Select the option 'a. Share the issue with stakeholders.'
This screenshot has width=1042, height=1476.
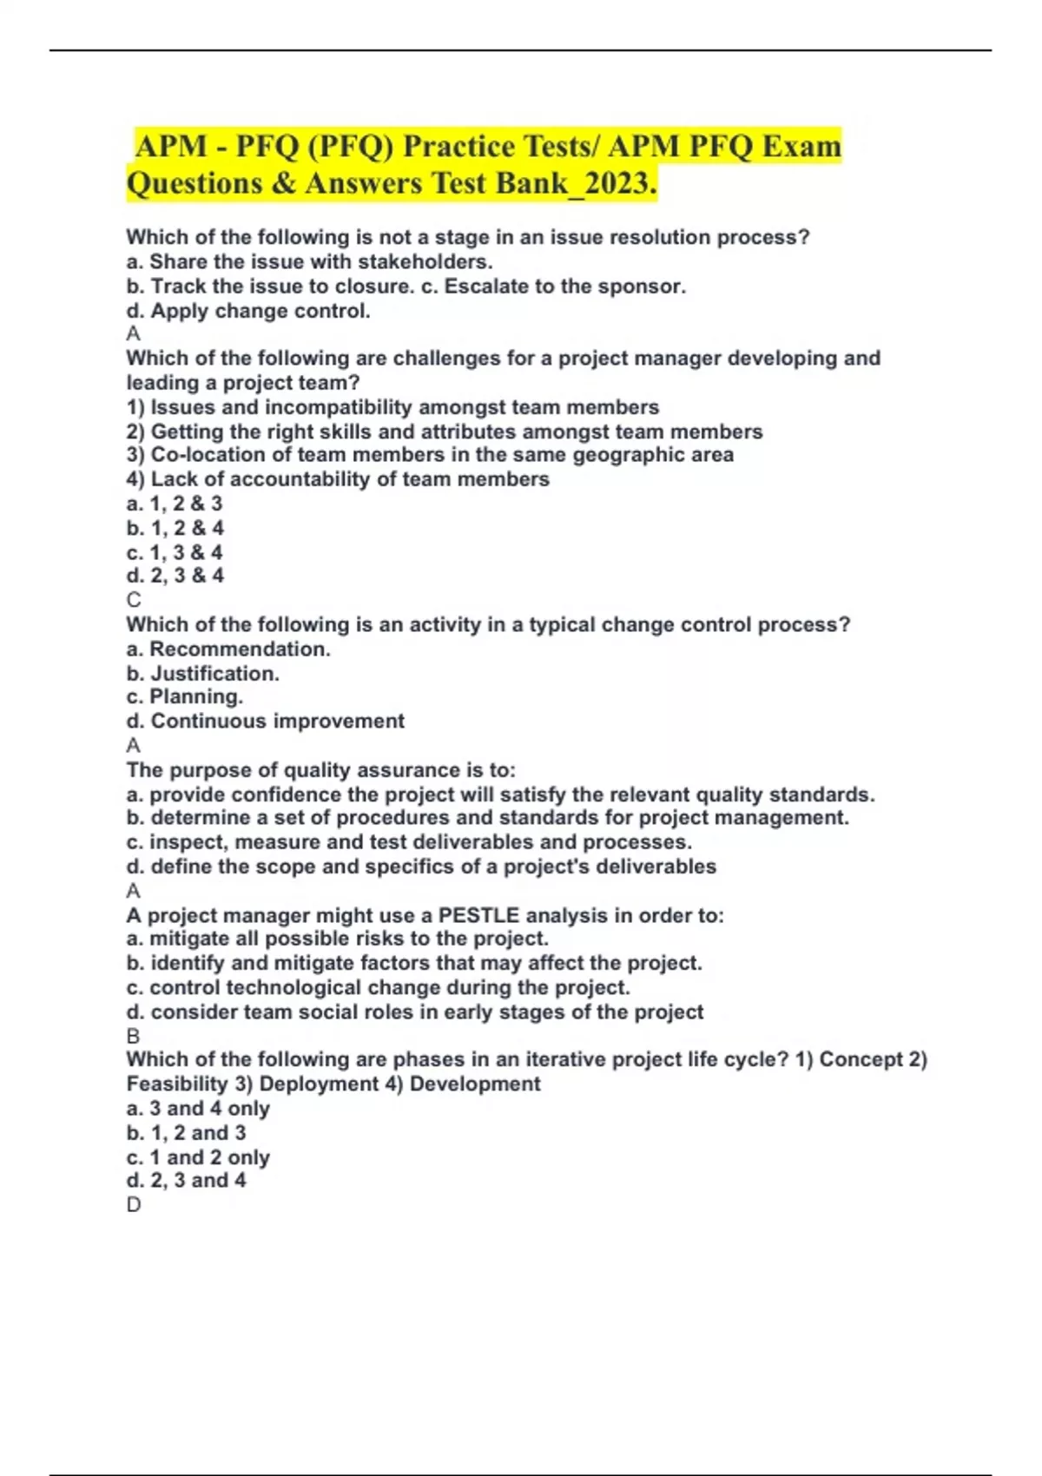point(309,261)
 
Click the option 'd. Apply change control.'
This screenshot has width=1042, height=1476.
point(248,311)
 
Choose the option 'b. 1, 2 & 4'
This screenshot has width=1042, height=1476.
point(175,528)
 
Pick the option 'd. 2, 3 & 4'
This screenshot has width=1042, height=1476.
point(175,575)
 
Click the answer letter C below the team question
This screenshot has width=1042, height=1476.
point(134,600)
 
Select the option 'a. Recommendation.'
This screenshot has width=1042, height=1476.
point(228,649)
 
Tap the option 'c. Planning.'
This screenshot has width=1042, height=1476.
point(184,696)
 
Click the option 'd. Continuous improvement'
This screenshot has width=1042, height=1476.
point(265,721)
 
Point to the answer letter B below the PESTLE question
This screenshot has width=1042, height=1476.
point(133,1036)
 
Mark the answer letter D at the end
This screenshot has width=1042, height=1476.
point(134,1204)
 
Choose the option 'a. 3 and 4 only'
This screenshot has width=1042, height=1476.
point(198,1109)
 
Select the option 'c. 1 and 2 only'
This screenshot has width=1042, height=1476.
point(198,1157)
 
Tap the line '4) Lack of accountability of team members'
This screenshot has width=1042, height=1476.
point(338,479)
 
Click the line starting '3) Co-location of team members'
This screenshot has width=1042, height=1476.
point(430,455)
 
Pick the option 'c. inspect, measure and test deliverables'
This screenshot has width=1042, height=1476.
point(409,842)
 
